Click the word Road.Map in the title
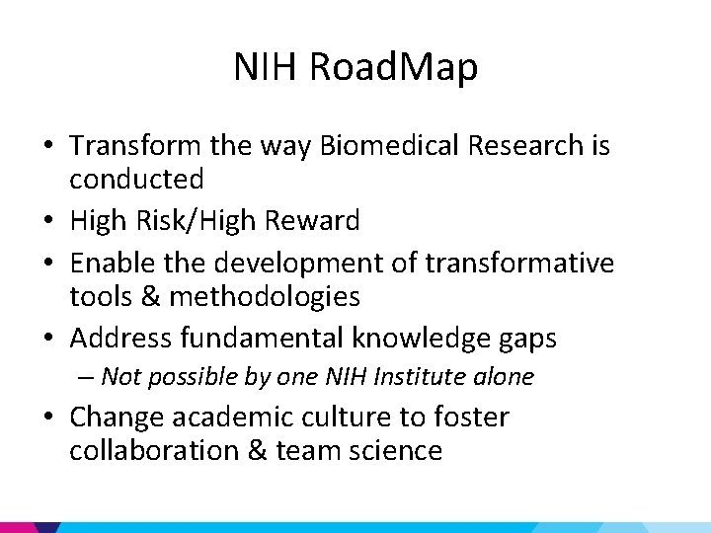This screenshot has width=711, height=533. (393, 68)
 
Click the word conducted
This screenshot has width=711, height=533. (136, 180)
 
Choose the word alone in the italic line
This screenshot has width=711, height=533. (503, 377)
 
